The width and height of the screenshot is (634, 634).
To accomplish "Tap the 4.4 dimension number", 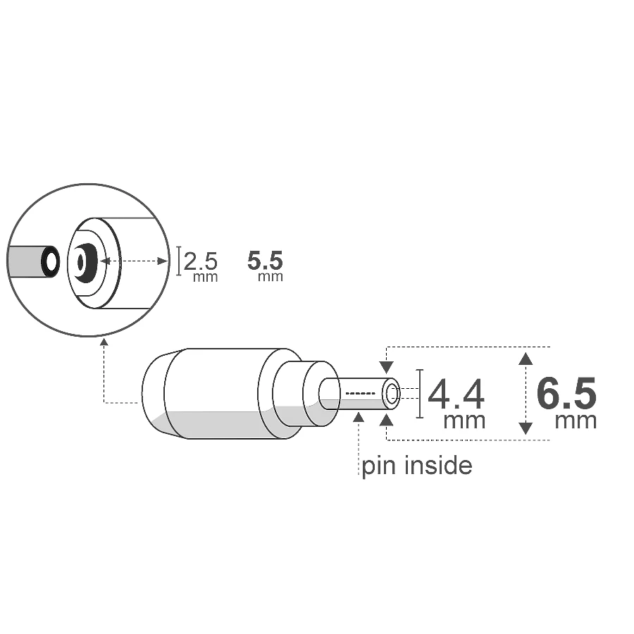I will pyautogui.click(x=456, y=394).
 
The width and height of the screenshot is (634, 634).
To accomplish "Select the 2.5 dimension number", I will pyautogui.click(x=201, y=261).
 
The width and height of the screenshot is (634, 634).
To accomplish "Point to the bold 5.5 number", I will pyautogui.click(x=266, y=261).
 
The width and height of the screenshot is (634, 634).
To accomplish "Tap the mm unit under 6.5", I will pyautogui.click(x=576, y=421).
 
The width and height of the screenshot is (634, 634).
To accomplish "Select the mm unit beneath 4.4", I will pyautogui.click(x=464, y=421).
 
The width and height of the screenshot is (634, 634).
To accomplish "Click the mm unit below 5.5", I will pyautogui.click(x=271, y=277).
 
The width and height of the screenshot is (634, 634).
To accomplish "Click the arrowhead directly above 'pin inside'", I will pyautogui.click(x=359, y=418).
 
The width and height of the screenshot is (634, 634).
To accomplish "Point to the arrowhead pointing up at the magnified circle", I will pyautogui.click(x=104, y=343).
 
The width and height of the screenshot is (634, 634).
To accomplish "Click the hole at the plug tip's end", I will pyautogui.click(x=392, y=394).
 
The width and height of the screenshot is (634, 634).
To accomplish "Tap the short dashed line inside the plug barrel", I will pyautogui.click(x=361, y=393).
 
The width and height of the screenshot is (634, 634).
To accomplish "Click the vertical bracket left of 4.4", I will pyautogui.click(x=421, y=394).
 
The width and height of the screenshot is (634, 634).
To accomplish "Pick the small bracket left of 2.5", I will pyautogui.click(x=179, y=260).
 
